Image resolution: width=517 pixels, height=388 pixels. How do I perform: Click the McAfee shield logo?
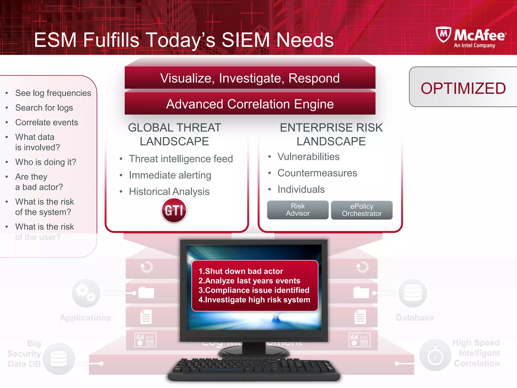[443, 34]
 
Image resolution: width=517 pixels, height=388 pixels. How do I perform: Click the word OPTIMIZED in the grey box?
[463, 88]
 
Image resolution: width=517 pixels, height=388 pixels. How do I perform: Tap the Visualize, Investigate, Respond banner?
[250, 78]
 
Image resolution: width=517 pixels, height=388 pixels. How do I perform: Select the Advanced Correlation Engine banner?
[250, 104]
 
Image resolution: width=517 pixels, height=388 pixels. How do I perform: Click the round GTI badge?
[174, 210]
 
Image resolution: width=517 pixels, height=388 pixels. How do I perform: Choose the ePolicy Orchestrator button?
[361, 210]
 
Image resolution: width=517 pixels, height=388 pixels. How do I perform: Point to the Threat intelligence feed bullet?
[181, 159]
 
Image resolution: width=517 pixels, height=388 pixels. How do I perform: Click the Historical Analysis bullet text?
[169, 191]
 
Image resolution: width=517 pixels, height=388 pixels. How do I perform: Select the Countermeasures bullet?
[317, 173]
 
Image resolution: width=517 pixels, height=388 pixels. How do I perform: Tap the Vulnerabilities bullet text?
[308, 157]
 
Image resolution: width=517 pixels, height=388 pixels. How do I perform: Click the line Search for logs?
[44, 108]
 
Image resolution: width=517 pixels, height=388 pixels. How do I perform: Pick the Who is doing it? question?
[46, 162]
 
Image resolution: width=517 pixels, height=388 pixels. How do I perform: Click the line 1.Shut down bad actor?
[241, 271]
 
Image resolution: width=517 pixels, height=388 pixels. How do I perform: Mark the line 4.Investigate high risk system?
[254, 300]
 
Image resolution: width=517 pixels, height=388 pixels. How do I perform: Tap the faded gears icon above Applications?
[86, 293]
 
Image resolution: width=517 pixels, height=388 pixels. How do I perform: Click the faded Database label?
[415, 318]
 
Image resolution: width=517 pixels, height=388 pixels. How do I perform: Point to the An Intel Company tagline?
[474, 45]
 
